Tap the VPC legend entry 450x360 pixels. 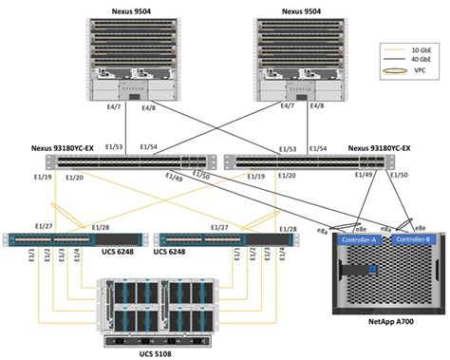click(408, 72)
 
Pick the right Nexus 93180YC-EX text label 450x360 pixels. click(379, 148)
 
